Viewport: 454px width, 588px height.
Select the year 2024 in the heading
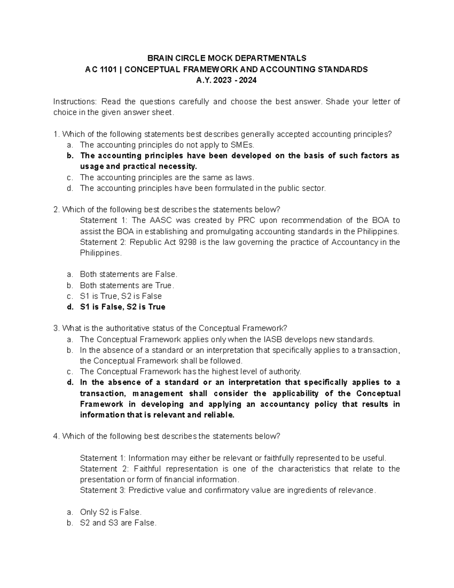[x=246, y=80]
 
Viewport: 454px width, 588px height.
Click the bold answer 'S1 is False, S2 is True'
[x=123, y=307]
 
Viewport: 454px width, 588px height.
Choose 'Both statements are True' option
[x=127, y=285]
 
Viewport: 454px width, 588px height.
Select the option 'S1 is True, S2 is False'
[x=121, y=296]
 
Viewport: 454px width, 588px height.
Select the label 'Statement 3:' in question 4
[x=103, y=490]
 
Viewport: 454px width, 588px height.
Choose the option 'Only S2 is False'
[x=110, y=512]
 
